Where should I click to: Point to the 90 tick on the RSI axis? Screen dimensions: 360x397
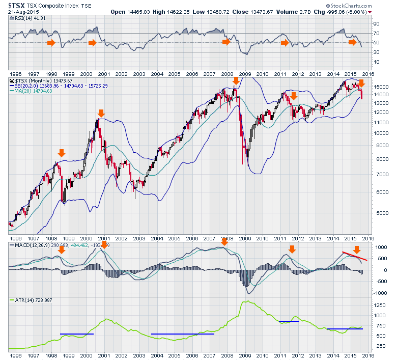click(x=377, y=23)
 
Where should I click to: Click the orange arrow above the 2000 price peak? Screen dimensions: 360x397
click(x=101, y=113)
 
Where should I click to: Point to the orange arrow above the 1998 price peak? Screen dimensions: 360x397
click(x=62, y=153)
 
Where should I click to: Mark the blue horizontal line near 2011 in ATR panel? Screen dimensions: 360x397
click(x=289, y=321)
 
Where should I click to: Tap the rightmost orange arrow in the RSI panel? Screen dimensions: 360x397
click(x=353, y=42)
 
